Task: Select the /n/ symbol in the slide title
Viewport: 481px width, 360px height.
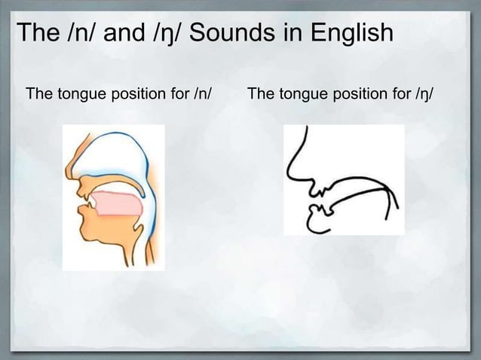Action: (78, 34)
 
